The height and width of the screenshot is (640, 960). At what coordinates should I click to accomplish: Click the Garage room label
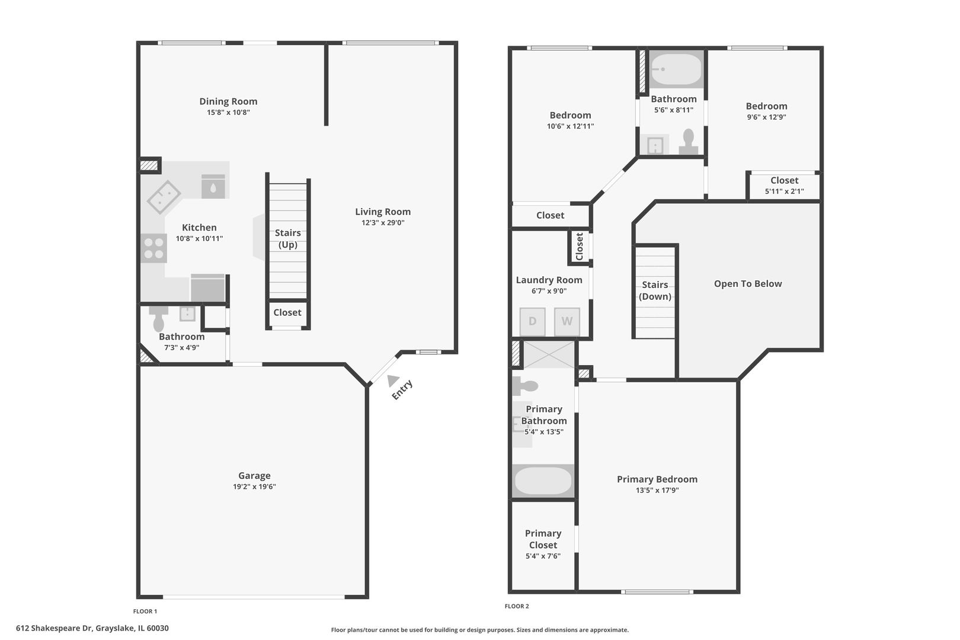(254, 475)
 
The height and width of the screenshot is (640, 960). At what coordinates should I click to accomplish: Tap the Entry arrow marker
(392, 380)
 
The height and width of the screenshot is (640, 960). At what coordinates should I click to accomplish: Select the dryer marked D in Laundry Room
(532, 321)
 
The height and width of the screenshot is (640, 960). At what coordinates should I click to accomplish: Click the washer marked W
(567, 321)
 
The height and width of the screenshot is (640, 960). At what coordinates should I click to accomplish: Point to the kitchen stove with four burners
(153, 248)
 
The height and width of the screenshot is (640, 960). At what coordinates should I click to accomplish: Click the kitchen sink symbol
(164, 197)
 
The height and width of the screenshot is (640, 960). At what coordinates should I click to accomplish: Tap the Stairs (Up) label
(287, 238)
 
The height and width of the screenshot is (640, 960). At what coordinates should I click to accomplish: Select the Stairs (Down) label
(655, 290)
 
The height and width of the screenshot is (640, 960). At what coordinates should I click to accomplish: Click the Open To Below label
(748, 283)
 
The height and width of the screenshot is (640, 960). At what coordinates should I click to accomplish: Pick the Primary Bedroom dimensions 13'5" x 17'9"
(657, 490)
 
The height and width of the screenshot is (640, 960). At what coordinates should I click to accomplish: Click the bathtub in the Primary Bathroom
(543, 481)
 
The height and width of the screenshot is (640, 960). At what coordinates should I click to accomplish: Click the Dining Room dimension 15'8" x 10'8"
(228, 113)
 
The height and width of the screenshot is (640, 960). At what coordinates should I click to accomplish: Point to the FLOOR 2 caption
(517, 606)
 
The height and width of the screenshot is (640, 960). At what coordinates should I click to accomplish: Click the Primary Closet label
(543, 539)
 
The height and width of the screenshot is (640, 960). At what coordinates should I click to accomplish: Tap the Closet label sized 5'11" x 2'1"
(784, 181)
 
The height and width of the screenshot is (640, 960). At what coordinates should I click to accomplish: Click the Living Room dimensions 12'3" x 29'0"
(383, 222)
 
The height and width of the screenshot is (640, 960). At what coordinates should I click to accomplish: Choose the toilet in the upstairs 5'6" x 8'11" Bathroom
(688, 142)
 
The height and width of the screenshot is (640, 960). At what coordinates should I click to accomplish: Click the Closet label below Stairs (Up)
(287, 312)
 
